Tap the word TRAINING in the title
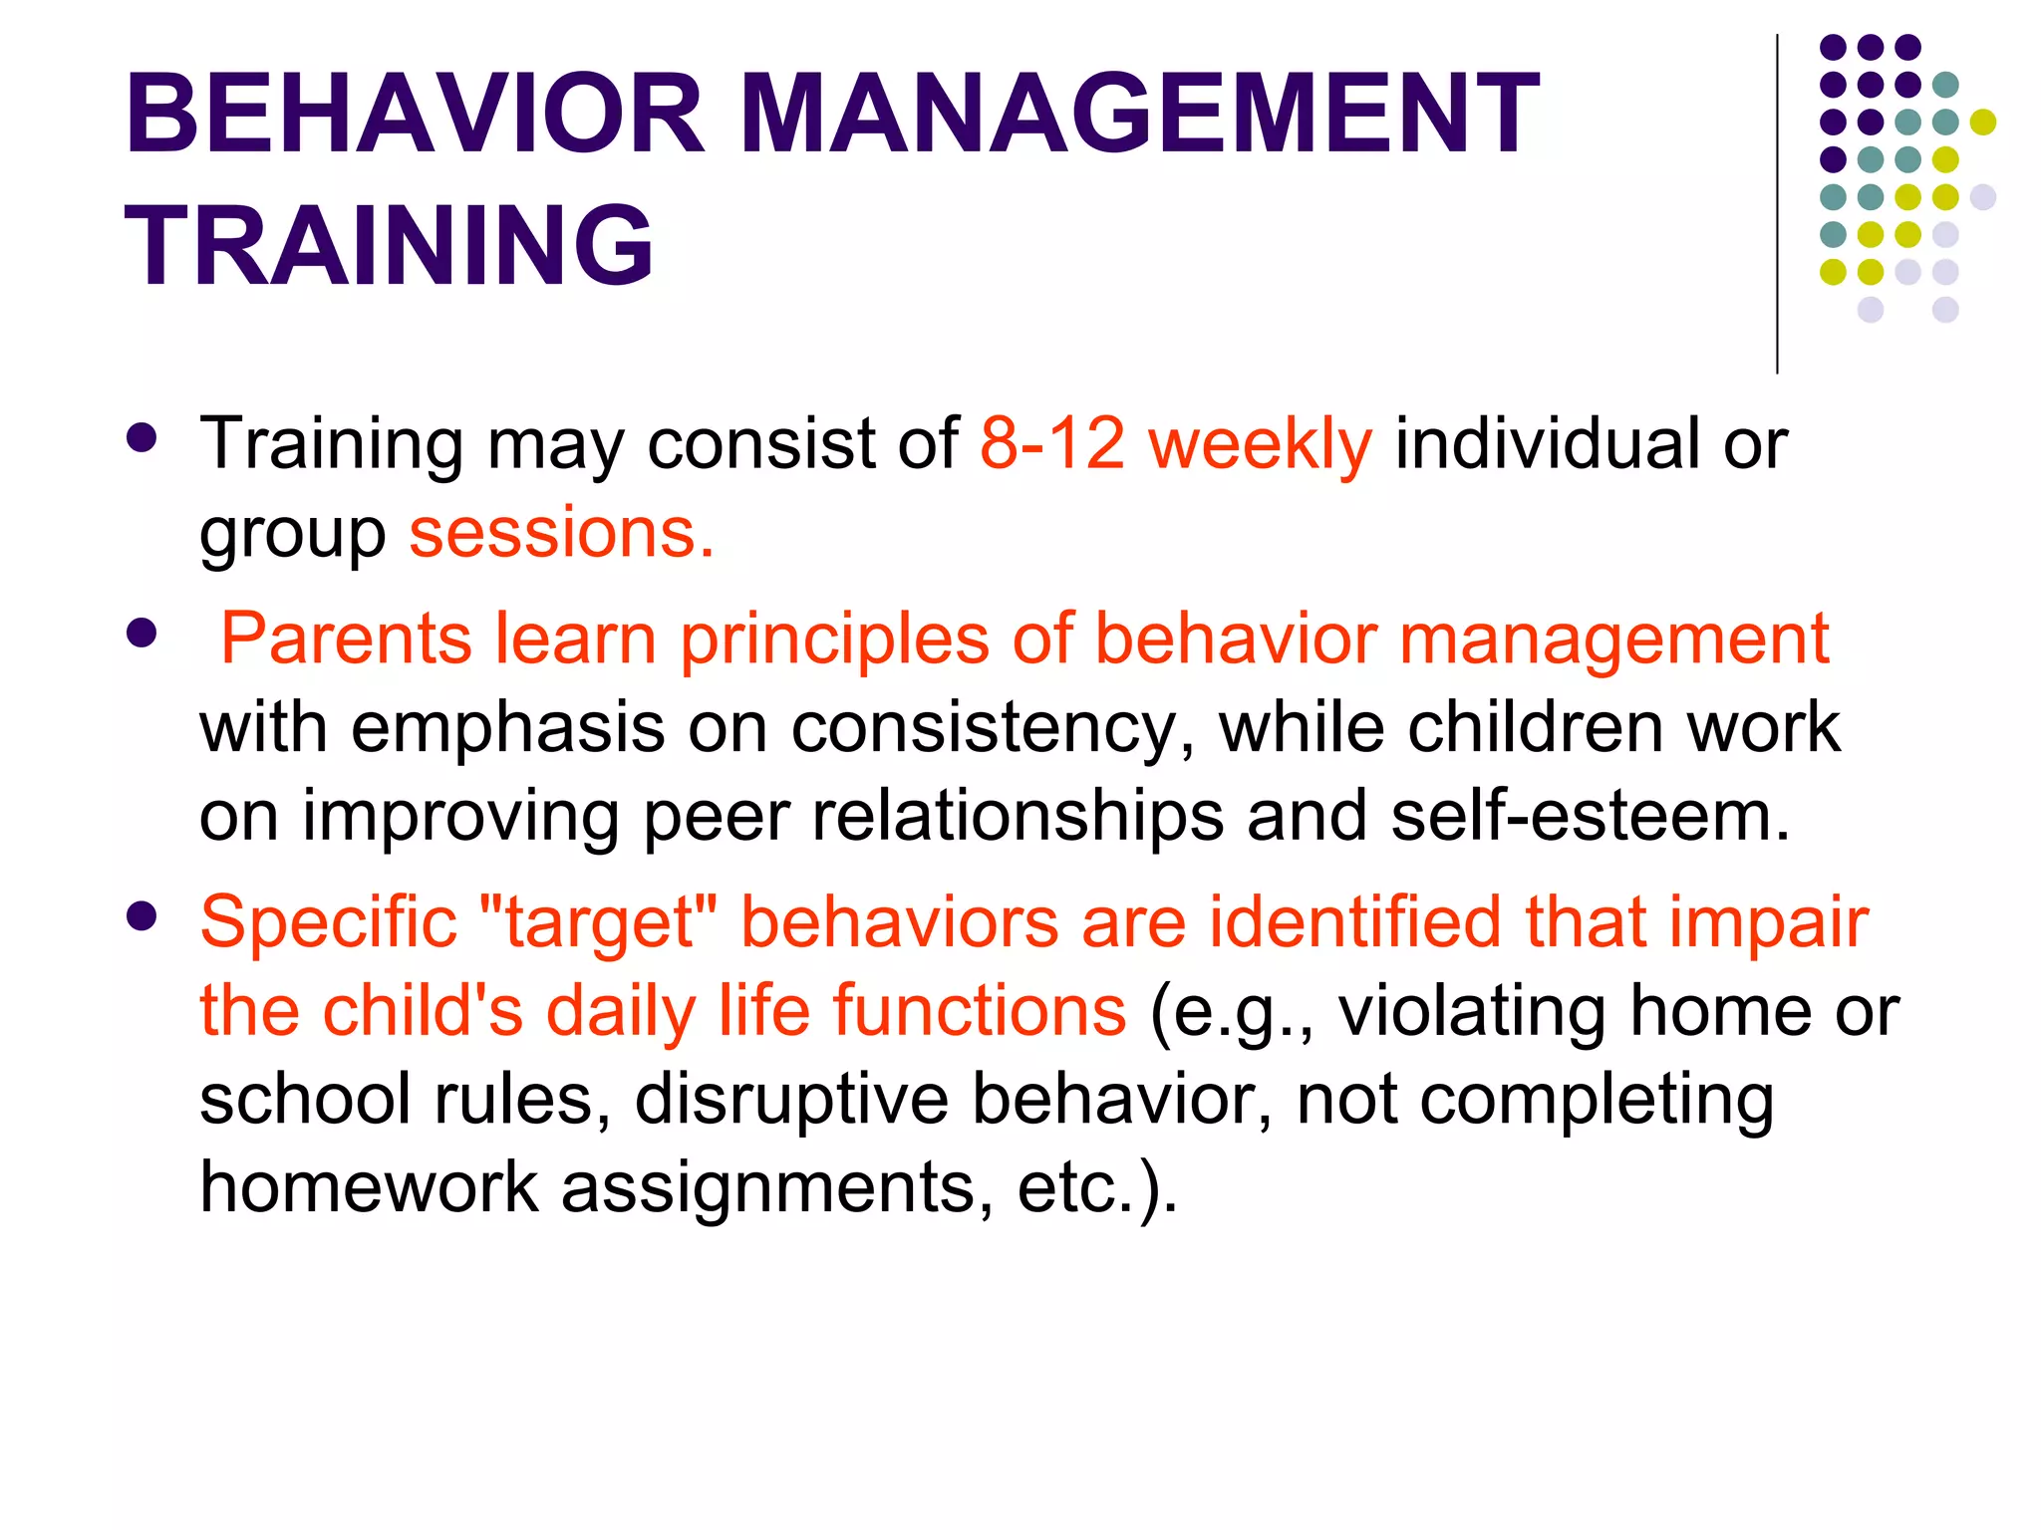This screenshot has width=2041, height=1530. pyautogui.click(x=389, y=245)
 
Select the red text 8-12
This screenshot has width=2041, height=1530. pyautogui.click(x=1052, y=443)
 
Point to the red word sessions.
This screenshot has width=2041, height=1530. pyautogui.click(x=561, y=534)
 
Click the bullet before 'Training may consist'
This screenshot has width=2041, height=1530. pyautogui.click(x=143, y=438)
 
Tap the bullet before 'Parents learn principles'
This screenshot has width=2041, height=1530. pyautogui.click(x=143, y=633)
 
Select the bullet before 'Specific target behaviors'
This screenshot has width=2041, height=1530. pyautogui.click(x=143, y=916)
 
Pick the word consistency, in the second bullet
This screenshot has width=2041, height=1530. pyautogui.click(x=993, y=728)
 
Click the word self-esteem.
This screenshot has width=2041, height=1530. pyautogui.click(x=1591, y=816)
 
